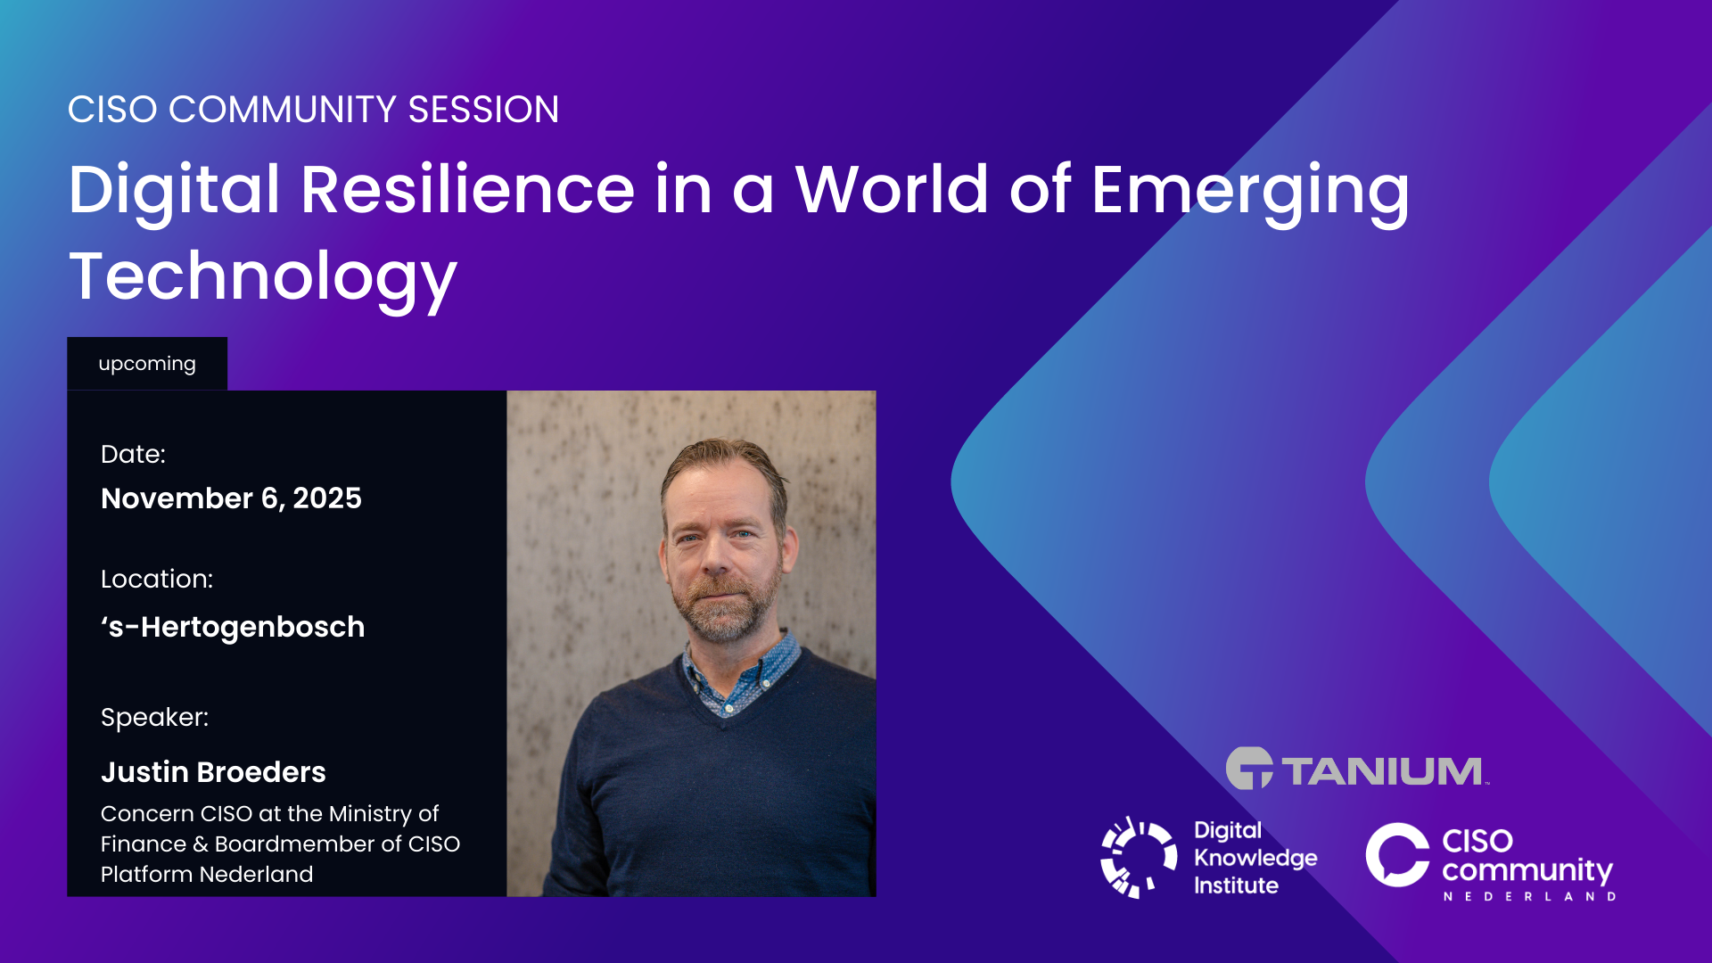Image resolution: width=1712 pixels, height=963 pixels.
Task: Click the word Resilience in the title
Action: pyautogui.click(x=467, y=189)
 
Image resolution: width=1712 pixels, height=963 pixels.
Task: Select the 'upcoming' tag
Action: pyautogui.click(x=147, y=364)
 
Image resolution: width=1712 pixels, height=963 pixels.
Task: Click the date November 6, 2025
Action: pyautogui.click(x=231, y=498)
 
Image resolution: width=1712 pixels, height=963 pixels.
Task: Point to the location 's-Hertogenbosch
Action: pyautogui.click(x=233, y=627)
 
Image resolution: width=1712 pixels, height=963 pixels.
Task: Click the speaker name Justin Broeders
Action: pyautogui.click(x=213, y=771)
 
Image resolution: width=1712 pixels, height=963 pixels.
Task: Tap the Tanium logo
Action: pyautogui.click(x=1357, y=769)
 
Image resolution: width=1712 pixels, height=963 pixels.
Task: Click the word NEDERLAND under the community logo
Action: pyautogui.click(x=1529, y=896)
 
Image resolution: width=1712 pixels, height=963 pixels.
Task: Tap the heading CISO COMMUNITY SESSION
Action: pyautogui.click(x=313, y=110)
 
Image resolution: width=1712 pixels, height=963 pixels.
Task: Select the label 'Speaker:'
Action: pyautogui.click(x=154, y=718)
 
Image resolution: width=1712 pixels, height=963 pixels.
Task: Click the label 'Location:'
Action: pyautogui.click(x=157, y=579)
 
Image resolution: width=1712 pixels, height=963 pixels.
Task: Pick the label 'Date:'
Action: pyautogui.click(x=133, y=454)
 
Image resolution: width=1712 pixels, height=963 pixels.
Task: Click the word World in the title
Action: pyautogui.click(x=892, y=189)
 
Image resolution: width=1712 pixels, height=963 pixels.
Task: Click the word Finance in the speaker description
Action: pyautogui.click(x=143, y=844)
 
